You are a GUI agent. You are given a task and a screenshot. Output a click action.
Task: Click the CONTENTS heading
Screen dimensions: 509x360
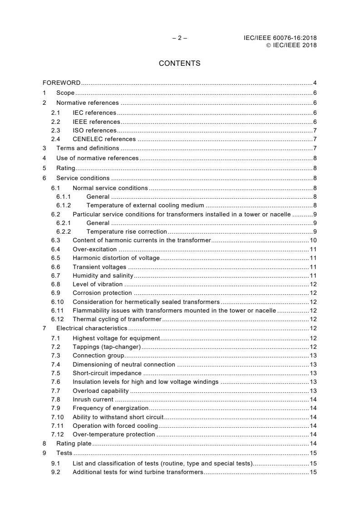[179, 64]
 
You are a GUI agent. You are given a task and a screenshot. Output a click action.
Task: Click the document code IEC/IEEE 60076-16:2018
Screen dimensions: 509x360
[280, 38]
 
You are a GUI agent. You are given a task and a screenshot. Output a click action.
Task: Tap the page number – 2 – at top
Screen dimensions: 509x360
[179, 38]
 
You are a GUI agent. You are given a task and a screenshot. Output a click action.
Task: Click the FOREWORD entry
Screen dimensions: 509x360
[61, 83]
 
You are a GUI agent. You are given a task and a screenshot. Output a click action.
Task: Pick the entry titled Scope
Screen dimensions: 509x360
[65, 93]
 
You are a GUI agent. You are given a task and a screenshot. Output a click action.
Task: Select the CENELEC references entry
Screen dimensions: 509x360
[104, 139]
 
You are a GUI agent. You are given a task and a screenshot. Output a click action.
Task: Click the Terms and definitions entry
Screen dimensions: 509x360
[88, 148]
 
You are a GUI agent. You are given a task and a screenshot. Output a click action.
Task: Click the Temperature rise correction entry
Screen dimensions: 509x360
[120, 232]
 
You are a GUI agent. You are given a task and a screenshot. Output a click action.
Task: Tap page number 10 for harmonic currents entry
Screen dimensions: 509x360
[313, 240]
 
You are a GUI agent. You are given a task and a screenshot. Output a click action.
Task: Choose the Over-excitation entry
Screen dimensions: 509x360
[94, 250]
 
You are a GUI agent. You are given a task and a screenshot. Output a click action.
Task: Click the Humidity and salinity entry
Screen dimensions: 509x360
[103, 275]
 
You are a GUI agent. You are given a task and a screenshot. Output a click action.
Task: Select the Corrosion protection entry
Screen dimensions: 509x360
[102, 293]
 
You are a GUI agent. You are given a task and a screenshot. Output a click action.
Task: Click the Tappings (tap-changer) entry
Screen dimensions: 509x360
[107, 347]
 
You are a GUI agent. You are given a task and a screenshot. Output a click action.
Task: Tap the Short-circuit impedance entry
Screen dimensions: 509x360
[107, 373]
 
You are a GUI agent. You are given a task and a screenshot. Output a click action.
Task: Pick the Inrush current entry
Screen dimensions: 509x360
[93, 400]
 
